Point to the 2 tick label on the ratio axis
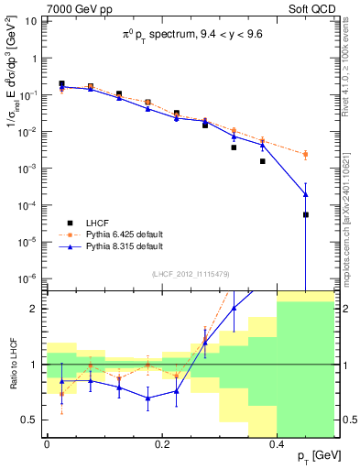pos(35,309)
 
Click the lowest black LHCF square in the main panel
pos(306,214)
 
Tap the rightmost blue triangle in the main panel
pos(306,194)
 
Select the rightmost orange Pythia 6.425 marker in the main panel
pos(306,154)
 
